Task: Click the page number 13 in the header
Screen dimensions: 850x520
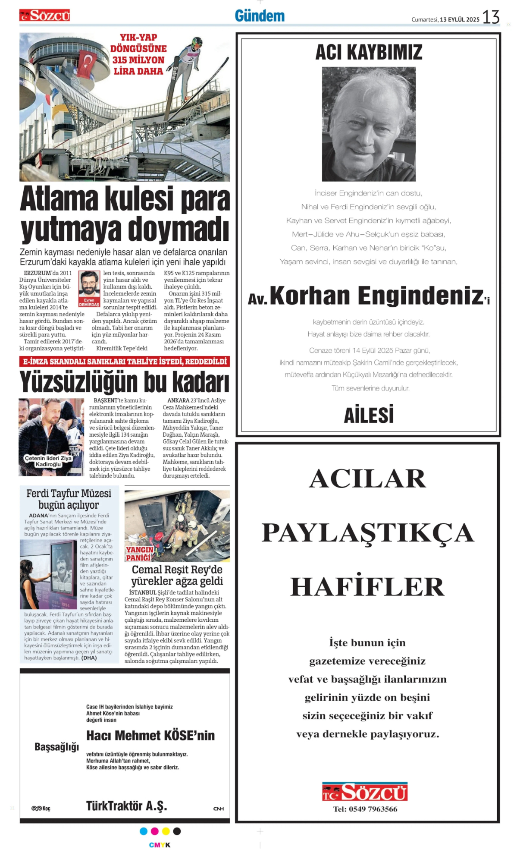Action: pyautogui.click(x=491, y=17)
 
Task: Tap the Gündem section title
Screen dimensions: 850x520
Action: pyautogui.click(x=260, y=16)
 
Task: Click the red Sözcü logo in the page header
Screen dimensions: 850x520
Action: pyautogui.click(x=44, y=16)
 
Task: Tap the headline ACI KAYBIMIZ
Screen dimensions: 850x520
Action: pyautogui.click(x=369, y=52)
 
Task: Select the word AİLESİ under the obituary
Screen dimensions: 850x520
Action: pyautogui.click(x=369, y=415)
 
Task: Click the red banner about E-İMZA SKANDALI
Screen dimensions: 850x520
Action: pyautogui.click(x=125, y=361)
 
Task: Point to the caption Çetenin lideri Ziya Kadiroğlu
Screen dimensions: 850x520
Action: pyautogui.click(x=48, y=461)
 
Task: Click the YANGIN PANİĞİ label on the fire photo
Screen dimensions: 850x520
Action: pyautogui.click(x=139, y=554)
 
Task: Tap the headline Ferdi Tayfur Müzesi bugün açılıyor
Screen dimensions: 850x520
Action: pyautogui.click(x=69, y=499)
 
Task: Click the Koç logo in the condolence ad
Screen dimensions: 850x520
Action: pyautogui.click(x=41, y=808)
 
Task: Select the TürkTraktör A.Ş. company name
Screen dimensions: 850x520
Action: pyautogui.click(x=126, y=806)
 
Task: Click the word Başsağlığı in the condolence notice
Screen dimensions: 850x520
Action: pyautogui.click(x=56, y=747)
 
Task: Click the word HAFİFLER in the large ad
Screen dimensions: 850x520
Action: pyautogui.click(x=367, y=586)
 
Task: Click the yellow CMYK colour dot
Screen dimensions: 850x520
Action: pyautogui.click(x=166, y=831)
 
